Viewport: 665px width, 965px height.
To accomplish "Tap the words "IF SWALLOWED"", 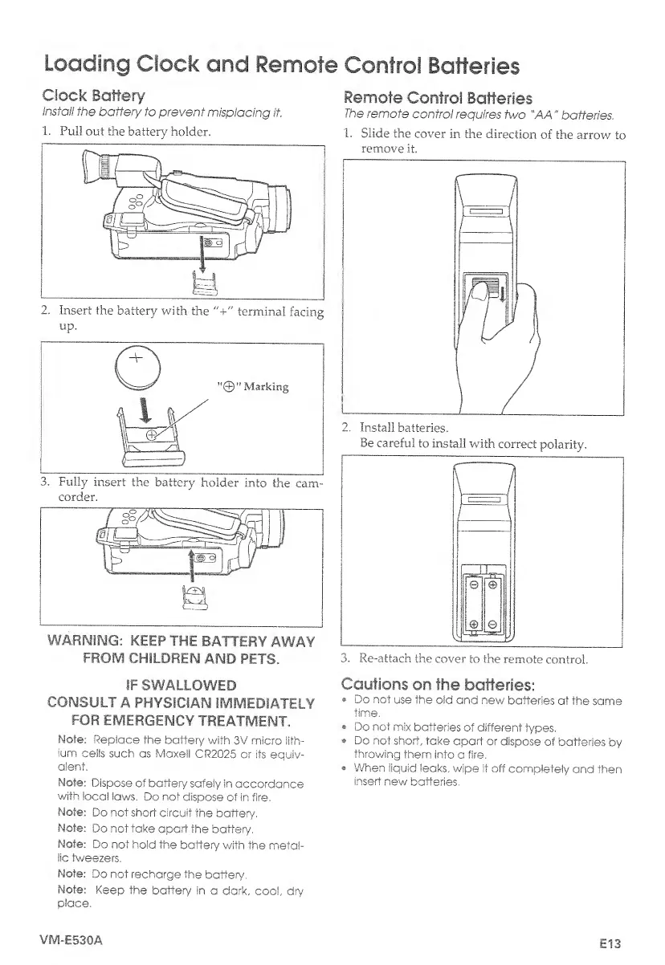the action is point(181,685).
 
